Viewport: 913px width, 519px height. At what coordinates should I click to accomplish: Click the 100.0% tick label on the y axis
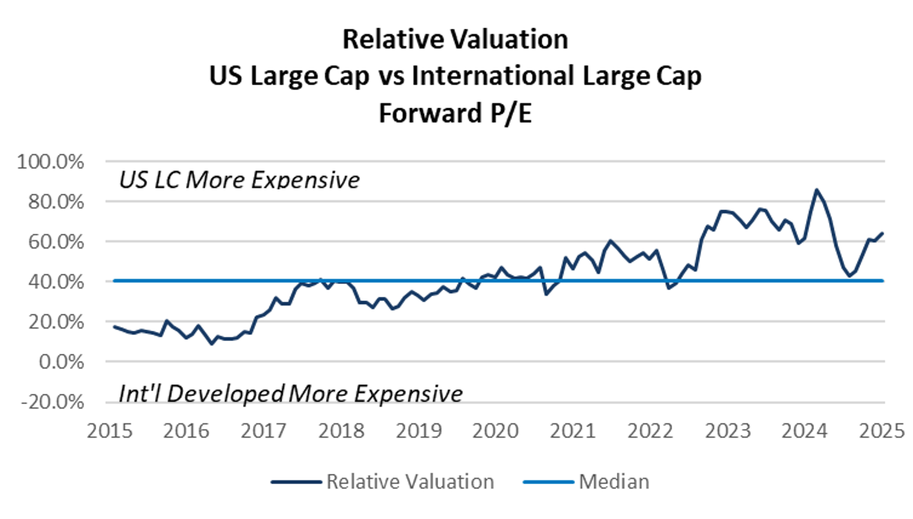[x=50, y=162]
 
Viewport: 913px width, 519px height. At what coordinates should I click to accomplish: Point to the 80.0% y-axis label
[x=56, y=202]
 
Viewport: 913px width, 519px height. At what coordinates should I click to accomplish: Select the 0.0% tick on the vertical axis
[x=61, y=361]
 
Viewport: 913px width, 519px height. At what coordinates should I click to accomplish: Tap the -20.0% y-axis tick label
[x=52, y=402]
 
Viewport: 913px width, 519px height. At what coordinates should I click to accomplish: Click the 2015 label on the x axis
[x=110, y=431]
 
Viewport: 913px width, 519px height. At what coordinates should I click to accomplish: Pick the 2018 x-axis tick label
[x=341, y=431]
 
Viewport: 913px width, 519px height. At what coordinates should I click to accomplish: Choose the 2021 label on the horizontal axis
[x=573, y=431]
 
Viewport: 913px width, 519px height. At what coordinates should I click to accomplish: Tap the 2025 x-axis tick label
[x=881, y=431]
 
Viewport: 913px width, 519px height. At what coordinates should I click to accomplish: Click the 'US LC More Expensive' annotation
[x=239, y=180]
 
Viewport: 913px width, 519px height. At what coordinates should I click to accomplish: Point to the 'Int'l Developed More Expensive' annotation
[x=291, y=393]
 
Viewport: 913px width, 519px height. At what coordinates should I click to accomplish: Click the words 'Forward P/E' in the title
[x=455, y=113]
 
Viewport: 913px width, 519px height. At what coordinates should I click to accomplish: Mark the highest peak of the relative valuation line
[x=816, y=190]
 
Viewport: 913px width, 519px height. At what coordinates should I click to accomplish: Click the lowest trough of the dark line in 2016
[x=212, y=344]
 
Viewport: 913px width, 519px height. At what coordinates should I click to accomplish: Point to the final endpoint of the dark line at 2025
[x=883, y=233]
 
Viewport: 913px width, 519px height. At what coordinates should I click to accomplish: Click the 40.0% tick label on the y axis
[x=56, y=281]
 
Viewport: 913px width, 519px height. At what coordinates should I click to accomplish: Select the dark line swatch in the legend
[x=296, y=482]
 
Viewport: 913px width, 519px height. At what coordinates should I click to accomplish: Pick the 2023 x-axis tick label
[x=728, y=431]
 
